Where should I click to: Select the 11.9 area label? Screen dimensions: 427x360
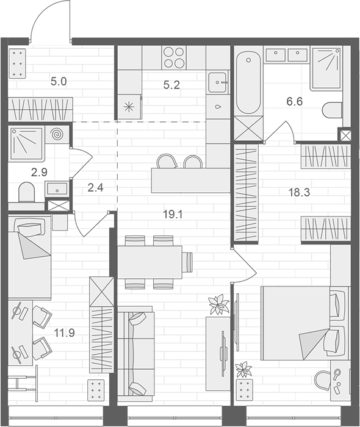click(64, 332)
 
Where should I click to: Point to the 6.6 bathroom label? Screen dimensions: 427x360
click(294, 102)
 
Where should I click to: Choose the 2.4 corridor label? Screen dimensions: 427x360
click(96, 188)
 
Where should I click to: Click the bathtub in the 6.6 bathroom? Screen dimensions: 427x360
click(248, 83)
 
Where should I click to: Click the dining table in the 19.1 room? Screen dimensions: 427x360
click(150, 261)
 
